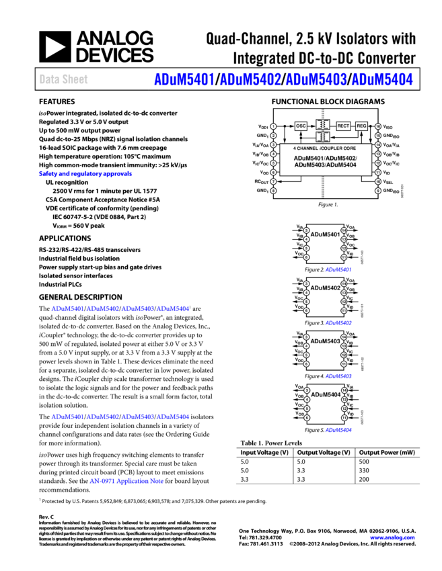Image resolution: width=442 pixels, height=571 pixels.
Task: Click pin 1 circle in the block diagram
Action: (273, 126)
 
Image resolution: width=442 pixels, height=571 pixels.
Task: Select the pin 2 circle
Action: (273, 136)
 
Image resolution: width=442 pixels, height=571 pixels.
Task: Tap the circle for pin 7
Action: (273, 181)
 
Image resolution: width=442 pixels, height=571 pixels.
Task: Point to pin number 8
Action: (273, 191)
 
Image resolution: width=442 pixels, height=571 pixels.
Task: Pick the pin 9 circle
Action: (378, 191)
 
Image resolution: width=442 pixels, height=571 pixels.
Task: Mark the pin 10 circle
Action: (378, 181)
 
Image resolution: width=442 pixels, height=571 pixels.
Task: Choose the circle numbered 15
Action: (378, 136)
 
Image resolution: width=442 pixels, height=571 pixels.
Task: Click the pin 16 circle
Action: (378, 126)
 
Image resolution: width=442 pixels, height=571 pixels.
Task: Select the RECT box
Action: (343, 126)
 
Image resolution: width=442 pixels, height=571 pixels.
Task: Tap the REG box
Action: (361, 126)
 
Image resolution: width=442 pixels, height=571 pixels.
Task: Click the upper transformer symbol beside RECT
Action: (323, 125)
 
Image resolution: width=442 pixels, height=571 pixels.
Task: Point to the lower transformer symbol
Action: (323, 136)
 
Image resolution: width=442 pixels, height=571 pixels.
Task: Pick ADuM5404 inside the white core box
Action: (342, 165)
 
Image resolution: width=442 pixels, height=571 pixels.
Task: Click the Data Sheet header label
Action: (63, 79)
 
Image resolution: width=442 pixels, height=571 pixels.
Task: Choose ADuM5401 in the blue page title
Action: (184, 79)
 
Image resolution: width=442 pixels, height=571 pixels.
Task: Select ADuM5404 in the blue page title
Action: (381, 79)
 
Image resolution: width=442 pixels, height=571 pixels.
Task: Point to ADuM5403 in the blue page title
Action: (316, 79)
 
